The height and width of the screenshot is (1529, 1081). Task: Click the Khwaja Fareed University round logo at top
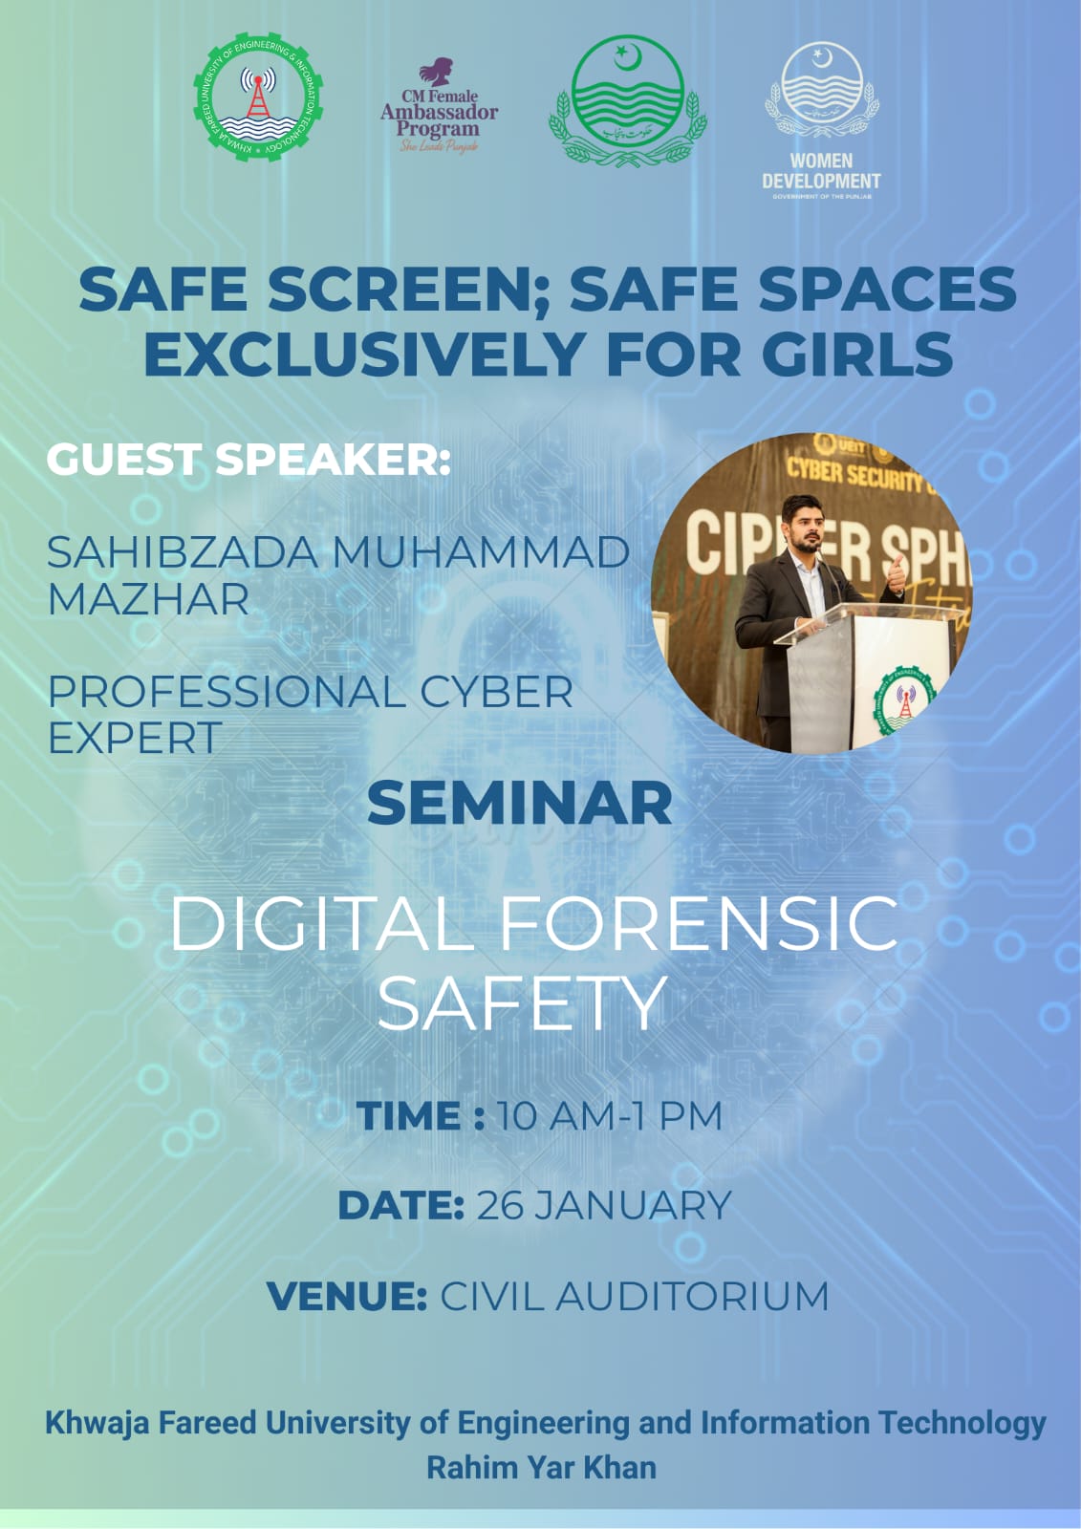[258, 98]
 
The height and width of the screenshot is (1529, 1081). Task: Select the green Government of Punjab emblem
[627, 99]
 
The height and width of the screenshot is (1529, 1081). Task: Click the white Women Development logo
[821, 119]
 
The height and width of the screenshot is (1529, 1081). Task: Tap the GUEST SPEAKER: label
[249, 460]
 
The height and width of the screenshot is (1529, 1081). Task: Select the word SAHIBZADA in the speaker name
[183, 552]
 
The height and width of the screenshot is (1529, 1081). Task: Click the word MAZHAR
[148, 600]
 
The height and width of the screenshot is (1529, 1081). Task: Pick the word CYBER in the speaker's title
[496, 692]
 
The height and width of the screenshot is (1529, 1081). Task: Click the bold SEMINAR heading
[520, 803]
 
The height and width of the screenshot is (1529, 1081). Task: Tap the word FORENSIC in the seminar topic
[699, 923]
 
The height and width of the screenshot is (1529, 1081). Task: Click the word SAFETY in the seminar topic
[521, 1003]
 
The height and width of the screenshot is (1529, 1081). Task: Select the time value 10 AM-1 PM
[609, 1116]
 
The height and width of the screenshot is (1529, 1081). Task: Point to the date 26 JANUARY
[603, 1206]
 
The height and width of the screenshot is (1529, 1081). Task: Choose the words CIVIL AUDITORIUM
[634, 1297]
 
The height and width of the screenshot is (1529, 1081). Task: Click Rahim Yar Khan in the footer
[541, 1467]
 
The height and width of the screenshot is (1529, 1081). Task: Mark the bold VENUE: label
[347, 1297]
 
